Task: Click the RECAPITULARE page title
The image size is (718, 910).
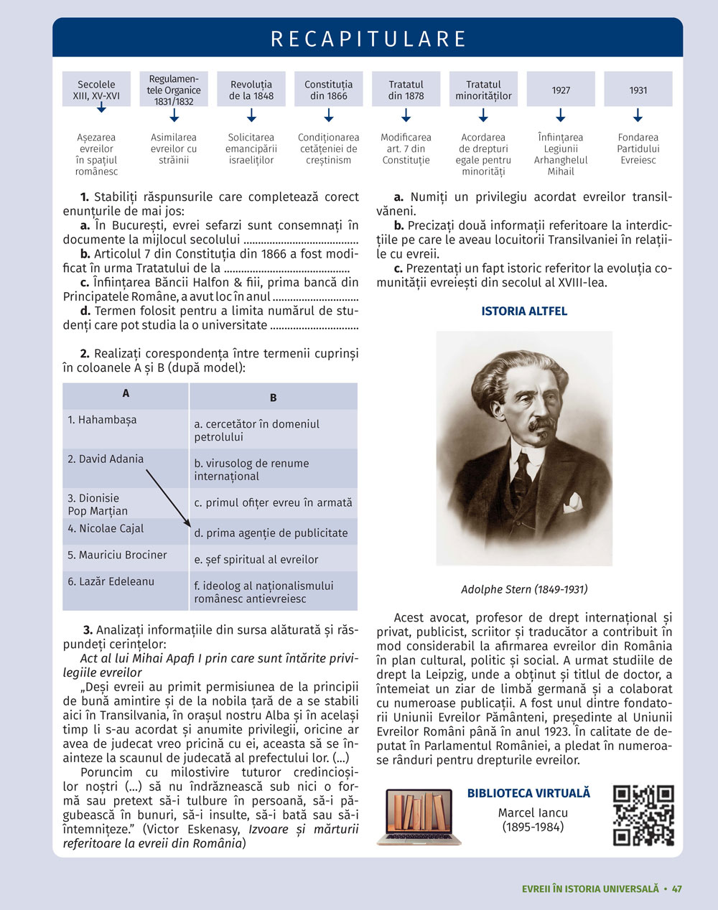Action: tap(368, 39)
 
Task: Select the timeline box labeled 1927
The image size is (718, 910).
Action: tap(561, 90)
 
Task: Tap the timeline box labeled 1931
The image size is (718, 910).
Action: tap(638, 90)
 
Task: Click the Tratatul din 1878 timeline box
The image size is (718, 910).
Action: tap(406, 90)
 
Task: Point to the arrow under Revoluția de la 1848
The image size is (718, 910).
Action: tap(251, 115)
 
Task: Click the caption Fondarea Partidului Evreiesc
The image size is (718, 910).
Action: tap(638, 149)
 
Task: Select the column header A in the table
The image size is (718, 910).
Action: tap(126, 393)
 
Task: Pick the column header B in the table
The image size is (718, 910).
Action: tap(273, 397)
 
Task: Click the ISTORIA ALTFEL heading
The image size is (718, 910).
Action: tap(524, 311)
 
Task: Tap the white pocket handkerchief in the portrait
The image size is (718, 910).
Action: tap(573, 502)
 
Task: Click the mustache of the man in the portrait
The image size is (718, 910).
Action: tap(540, 425)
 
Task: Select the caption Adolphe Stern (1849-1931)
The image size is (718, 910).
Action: tap(524, 589)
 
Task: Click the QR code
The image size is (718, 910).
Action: tap(643, 815)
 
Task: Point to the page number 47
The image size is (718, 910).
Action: tap(676, 888)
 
